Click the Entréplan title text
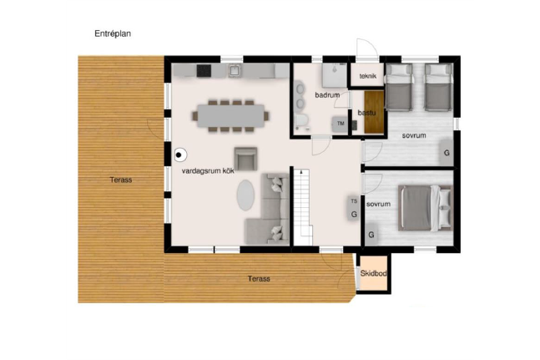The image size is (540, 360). pyautogui.click(x=113, y=34)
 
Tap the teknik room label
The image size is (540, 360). pyautogui.click(x=368, y=76)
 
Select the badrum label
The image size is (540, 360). pyautogui.click(x=327, y=95)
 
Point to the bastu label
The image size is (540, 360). pyautogui.click(x=367, y=113)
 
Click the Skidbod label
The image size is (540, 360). pyautogui.click(x=373, y=273)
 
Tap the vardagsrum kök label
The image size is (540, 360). pyautogui.click(x=208, y=171)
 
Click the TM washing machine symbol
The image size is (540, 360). pyautogui.click(x=340, y=124)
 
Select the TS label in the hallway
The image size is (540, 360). pyautogui.click(x=354, y=201)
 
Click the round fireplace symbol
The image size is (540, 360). pyautogui.click(x=181, y=155)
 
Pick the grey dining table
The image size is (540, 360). pyautogui.click(x=231, y=116)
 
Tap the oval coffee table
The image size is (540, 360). pyautogui.click(x=246, y=195)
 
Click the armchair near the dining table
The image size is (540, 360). pyautogui.click(x=246, y=159)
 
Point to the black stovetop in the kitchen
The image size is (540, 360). pyautogui.click(x=204, y=71)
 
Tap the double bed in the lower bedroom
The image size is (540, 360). pyautogui.click(x=426, y=208)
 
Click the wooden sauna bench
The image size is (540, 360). pyautogui.click(x=374, y=112)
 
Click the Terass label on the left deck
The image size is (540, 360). pyautogui.click(x=121, y=180)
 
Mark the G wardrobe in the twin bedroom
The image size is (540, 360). pyautogui.click(x=447, y=152)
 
